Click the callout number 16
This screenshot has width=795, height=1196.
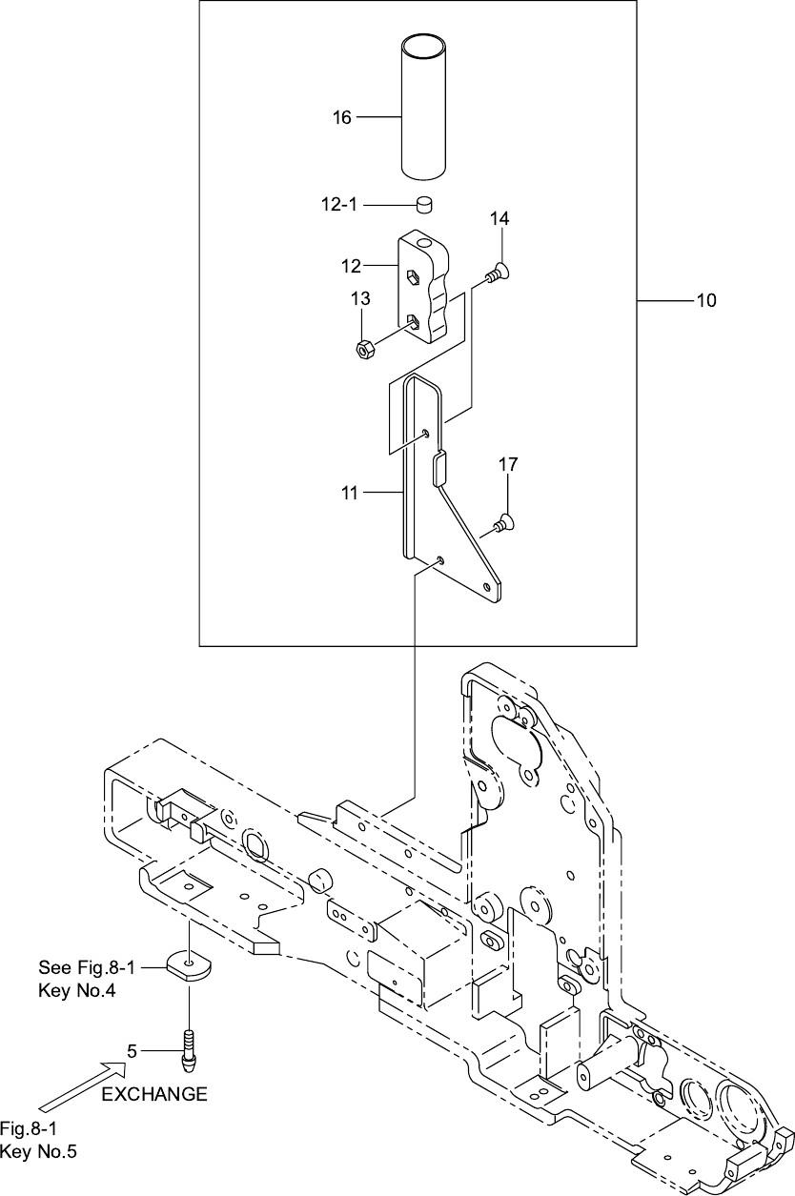click(341, 117)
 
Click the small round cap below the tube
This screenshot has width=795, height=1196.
click(425, 205)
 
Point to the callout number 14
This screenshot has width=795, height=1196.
click(499, 219)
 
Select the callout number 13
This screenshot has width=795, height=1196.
click(359, 300)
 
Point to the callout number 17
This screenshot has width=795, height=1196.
click(508, 465)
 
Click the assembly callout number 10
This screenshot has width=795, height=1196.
click(705, 301)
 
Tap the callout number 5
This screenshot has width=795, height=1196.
click(133, 1051)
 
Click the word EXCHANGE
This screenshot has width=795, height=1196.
click(153, 1094)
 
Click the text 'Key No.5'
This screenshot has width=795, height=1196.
click(39, 1152)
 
